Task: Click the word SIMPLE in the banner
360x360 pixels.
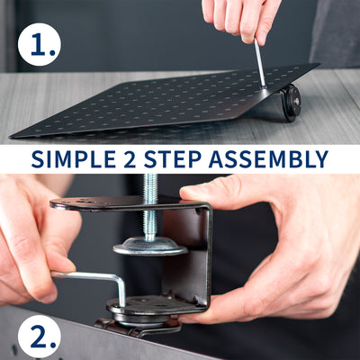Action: pyautogui.click(x=76, y=160)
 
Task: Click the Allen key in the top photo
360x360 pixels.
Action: pyautogui.click(x=259, y=63)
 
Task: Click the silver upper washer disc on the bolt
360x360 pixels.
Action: pyautogui.click(x=150, y=245)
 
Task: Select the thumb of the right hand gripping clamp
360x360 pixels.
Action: pyautogui.click(x=225, y=191)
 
